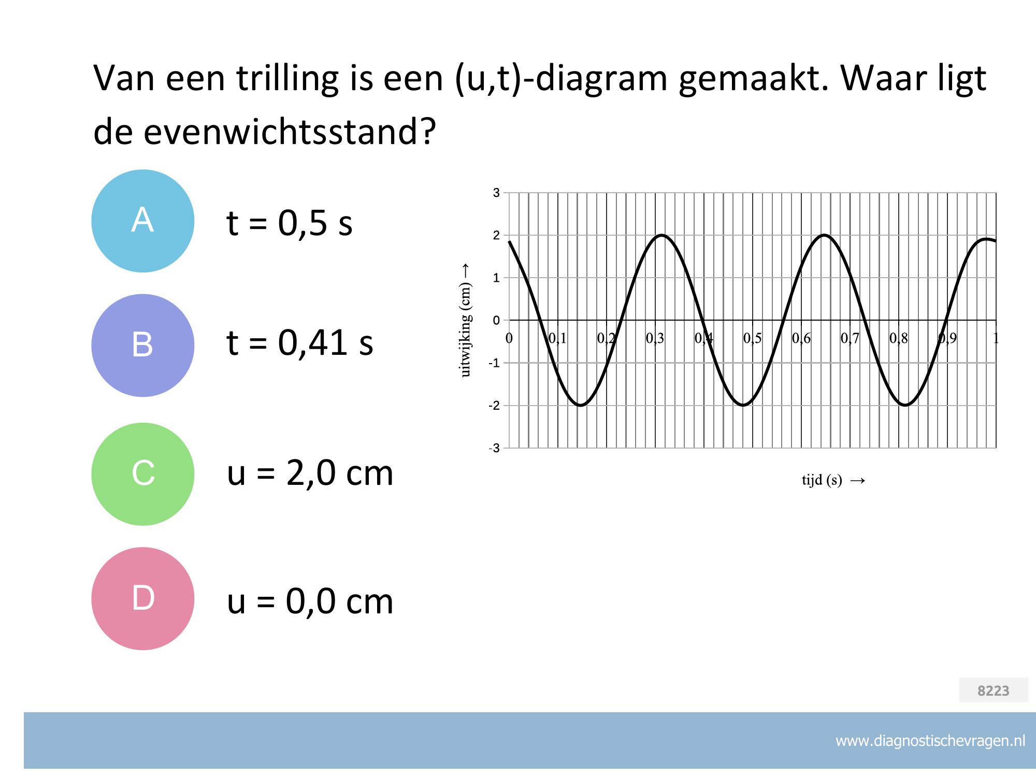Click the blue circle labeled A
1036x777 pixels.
pyautogui.click(x=143, y=221)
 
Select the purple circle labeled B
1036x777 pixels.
pyautogui.click(x=143, y=346)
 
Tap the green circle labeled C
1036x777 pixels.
pyautogui.click(x=143, y=474)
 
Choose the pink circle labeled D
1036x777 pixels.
pyautogui.click(x=143, y=598)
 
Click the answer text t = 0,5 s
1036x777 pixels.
pyautogui.click(x=290, y=223)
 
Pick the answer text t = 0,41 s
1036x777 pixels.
pyautogui.click(x=300, y=342)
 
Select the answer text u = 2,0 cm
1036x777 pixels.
pyautogui.click(x=310, y=473)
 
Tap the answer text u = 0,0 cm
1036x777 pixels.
pyautogui.click(x=310, y=601)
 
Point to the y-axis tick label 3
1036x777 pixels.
pyautogui.click(x=496, y=193)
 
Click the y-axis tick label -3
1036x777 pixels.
pyautogui.click(x=494, y=448)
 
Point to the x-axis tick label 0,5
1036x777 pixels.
pyautogui.click(x=753, y=339)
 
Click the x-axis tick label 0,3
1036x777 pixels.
pyautogui.click(x=655, y=339)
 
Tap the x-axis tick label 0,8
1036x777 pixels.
pyautogui.click(x=899, y=339)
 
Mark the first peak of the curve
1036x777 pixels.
pyautogui.click(x=662, y=235)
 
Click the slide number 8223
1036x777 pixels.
pyautogui.click(x=994, y=690)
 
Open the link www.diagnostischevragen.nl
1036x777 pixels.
pyautogui.click(x=930, y=741)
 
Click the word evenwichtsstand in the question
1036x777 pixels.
pyautogui.click(x=287, y=132)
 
